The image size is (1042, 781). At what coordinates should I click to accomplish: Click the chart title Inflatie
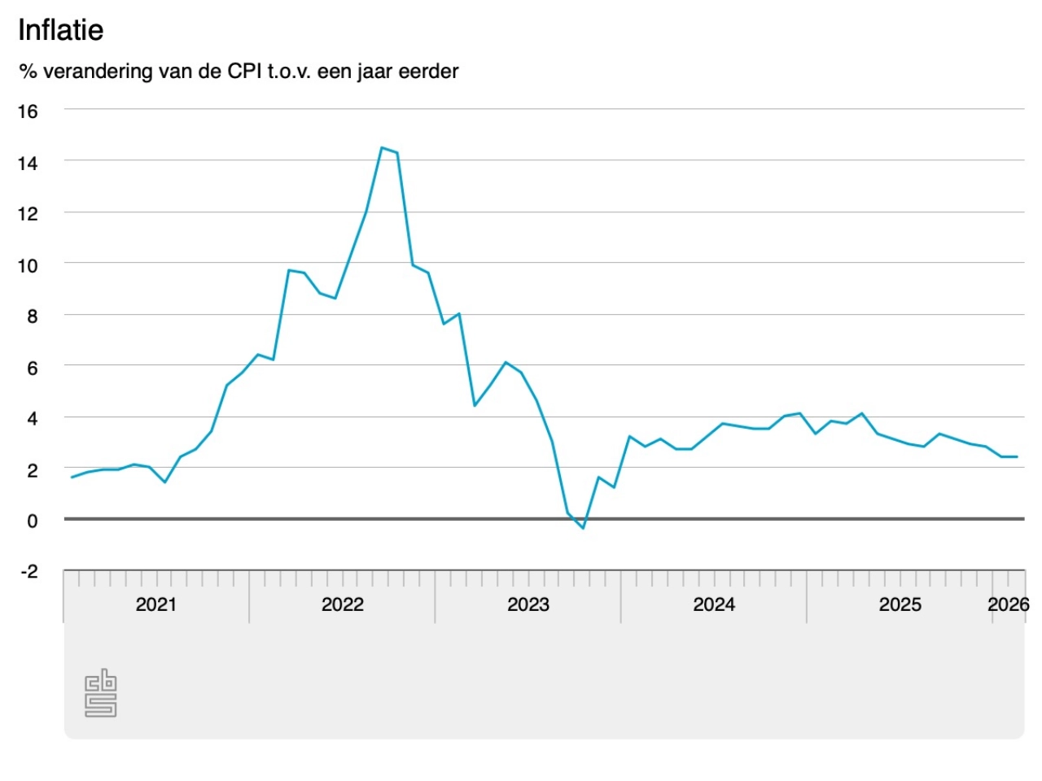61,30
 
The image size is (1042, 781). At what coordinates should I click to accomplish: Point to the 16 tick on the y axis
28,111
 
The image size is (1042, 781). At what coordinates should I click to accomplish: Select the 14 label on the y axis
28,163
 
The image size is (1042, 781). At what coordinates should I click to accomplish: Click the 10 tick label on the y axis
28,265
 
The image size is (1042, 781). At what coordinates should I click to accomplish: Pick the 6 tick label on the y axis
32,368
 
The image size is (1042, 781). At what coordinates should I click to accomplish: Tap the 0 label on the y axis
32,521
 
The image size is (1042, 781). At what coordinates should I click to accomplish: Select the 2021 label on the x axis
155,604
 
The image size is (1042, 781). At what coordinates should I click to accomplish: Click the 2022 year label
342,604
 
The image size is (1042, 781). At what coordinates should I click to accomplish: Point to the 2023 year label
528,604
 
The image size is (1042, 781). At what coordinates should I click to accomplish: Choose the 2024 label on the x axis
714,604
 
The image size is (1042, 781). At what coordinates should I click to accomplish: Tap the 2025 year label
900,604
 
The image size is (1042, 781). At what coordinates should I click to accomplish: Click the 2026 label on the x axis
1008,604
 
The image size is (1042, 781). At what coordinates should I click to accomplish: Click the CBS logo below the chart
101,693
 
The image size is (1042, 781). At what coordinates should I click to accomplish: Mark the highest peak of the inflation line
382,147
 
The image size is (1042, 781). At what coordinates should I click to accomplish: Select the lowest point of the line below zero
583,528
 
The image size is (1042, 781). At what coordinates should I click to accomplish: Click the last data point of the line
1017,456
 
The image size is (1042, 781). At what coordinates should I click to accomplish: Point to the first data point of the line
72,478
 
